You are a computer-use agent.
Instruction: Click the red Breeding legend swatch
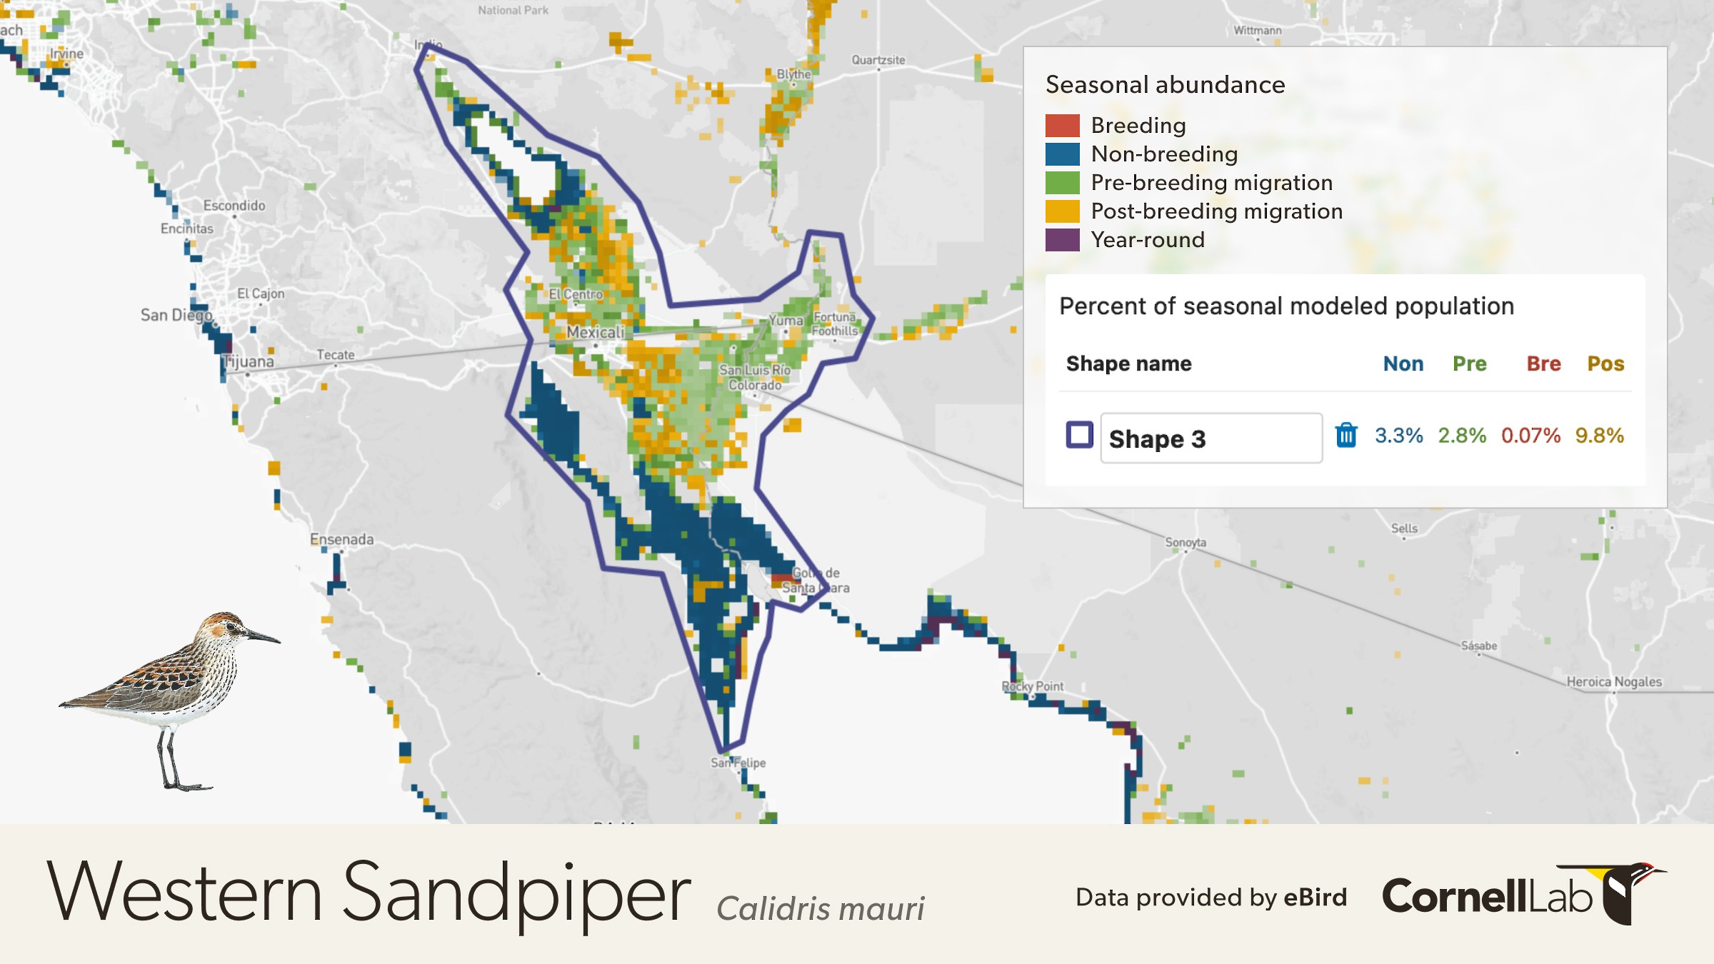(1062, 126)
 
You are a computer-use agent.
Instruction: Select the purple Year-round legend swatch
(1062, 240)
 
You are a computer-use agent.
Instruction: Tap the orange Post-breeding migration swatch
(1062, 211)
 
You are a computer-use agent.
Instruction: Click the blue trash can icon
(1345, 435)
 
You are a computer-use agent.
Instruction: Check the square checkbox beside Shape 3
(1079, 435)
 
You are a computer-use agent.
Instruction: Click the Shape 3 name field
(1211, 438)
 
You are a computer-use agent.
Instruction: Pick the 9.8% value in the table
(1599, 436)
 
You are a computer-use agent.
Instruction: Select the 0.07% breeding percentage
(1530, 436)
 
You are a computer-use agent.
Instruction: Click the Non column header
(1403, 363)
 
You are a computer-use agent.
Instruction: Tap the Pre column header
(1469, 363)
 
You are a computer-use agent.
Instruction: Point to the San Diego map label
(176, 315)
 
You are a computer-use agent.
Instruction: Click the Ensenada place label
(341, 539)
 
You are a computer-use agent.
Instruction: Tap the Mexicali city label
(595, 332)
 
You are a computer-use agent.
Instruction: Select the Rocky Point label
(1032, 686)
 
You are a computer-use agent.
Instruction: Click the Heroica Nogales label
(1613, 681)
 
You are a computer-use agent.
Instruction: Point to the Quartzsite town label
(878, 60)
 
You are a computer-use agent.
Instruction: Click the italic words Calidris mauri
(820, 908)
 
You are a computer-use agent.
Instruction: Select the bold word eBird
(1315, 897)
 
